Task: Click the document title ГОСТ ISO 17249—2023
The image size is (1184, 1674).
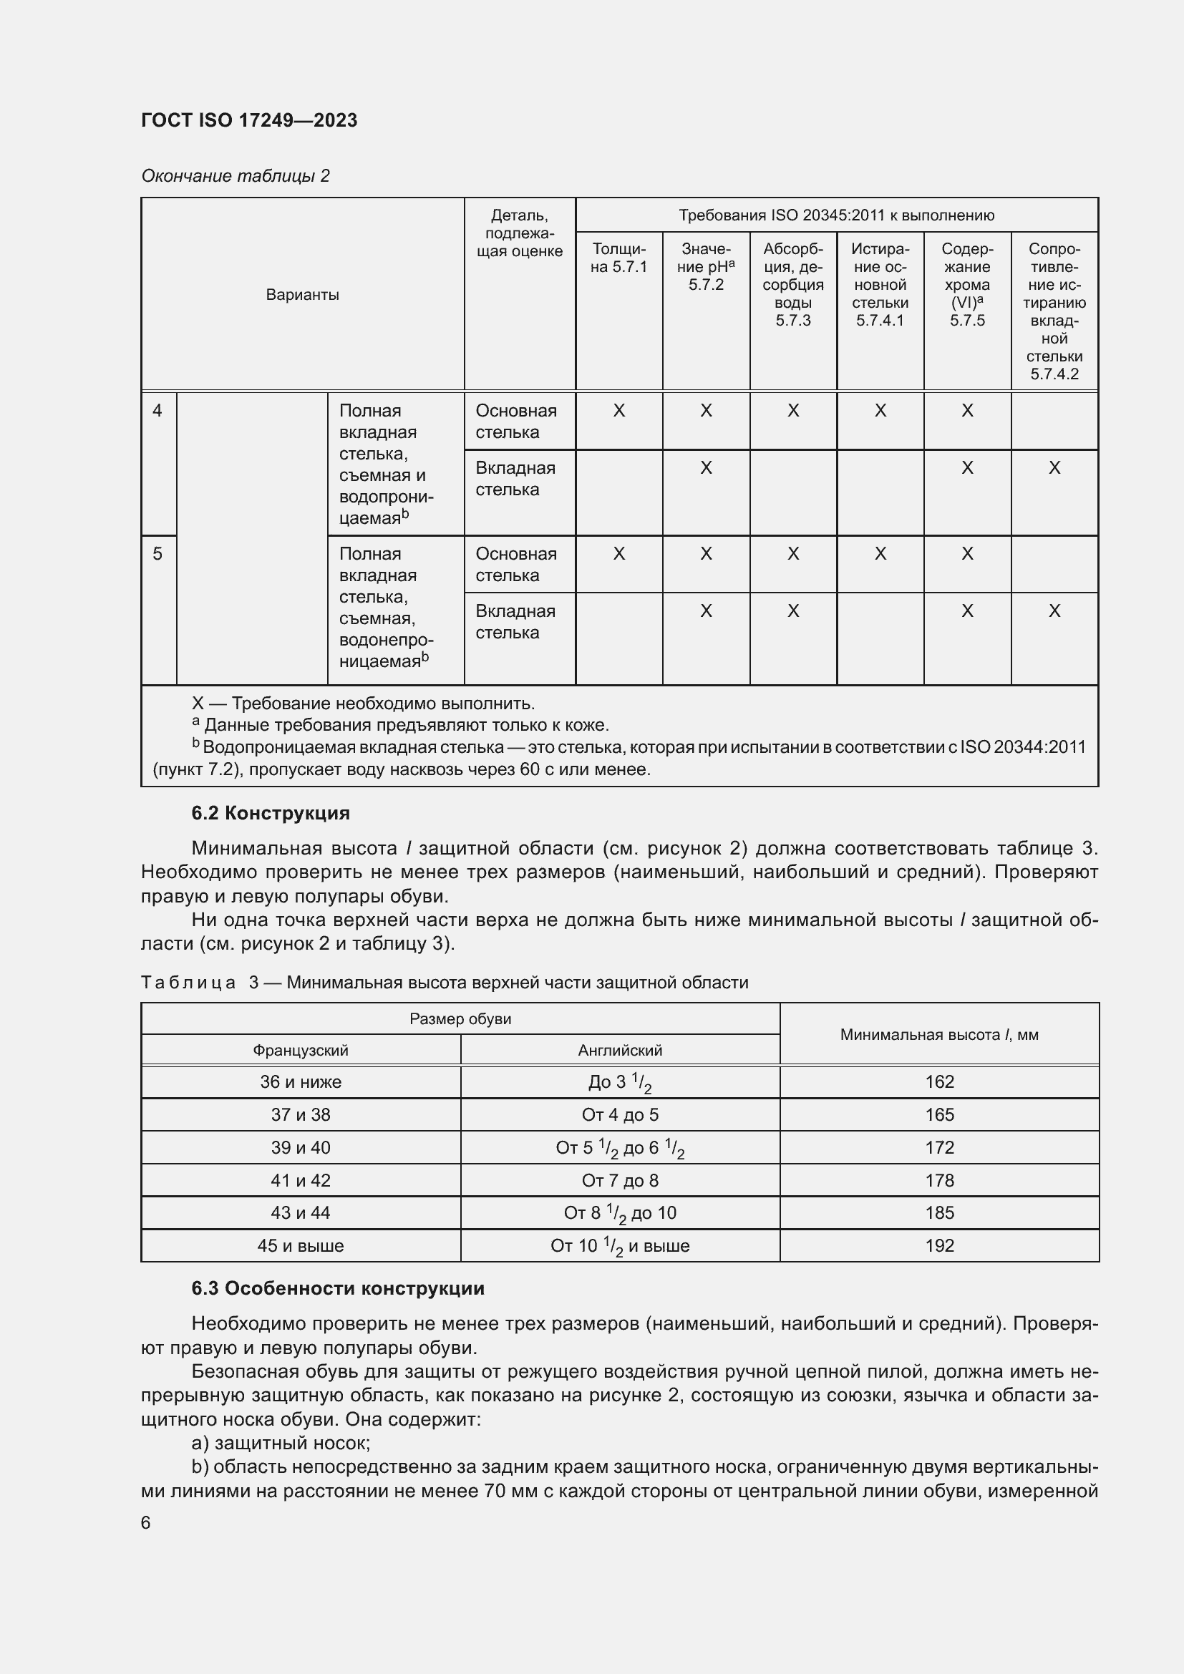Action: click(248, 120)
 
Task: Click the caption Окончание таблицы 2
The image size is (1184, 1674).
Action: click(235, 176)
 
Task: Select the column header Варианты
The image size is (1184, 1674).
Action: click(302, 295)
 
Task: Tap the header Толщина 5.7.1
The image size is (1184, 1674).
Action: click(618, 258)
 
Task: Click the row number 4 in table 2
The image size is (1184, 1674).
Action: click(157, 411)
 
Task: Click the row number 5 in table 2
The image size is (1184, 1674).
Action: click(157, 553)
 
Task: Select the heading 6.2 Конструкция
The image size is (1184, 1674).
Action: click(271, 813)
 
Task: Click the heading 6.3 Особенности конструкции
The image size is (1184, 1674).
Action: click(338, 1288)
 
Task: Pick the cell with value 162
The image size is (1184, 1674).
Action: click(939, 1082)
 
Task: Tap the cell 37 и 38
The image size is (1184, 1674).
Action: click(301, 1115)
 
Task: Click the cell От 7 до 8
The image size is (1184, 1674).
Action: click(620, 1180)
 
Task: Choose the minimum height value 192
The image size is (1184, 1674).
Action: click(939, 1246)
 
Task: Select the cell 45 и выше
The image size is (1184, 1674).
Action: click(301, 1246)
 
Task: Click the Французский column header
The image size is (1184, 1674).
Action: click(301, 1051)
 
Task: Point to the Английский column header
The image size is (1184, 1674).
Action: click(620, 1051)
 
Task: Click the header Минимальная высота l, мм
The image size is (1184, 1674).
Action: click(939, 1035)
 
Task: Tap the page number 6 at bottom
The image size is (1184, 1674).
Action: click(146, 1523)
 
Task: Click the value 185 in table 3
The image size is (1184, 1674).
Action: click(939, 1213)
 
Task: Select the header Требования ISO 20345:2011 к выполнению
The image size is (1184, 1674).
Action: click(836, 215)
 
